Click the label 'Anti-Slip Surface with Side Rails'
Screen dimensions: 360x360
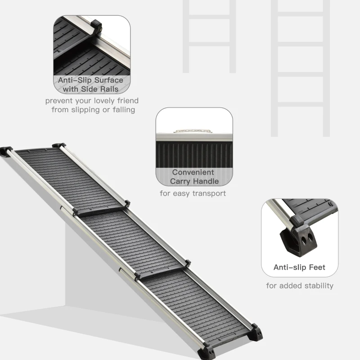point(90,85)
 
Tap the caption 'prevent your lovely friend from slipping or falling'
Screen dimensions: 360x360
point(92,105)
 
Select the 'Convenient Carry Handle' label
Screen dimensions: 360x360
point(194,177)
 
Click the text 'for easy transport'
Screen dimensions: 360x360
point(193,193)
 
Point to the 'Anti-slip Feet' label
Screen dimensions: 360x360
point(299,267)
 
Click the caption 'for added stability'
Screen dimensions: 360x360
point(300,286)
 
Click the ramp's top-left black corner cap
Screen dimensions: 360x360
point(7,150)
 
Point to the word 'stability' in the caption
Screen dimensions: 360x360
point(317,286)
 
